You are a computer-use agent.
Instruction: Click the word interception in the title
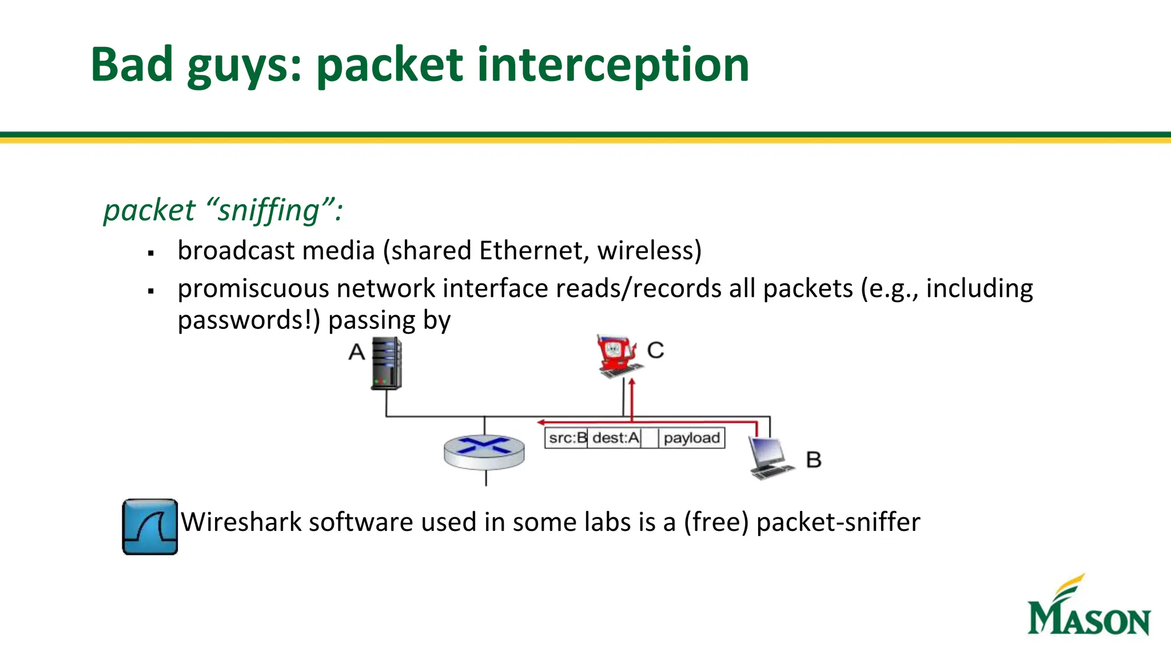coord(612,65)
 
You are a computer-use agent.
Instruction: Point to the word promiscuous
coord(253,288)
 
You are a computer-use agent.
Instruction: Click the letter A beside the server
coord(357,352)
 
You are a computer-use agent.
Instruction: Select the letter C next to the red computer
coord(656,350)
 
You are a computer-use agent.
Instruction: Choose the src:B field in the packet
coord(567,438)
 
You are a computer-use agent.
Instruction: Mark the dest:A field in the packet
coord(615,438)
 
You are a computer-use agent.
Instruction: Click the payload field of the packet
coord(692,438)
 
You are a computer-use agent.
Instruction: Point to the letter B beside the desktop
coord(814,460)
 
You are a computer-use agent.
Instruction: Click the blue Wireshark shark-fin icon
coord(150,527)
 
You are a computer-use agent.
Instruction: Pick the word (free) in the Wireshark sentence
coord(716,522)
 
